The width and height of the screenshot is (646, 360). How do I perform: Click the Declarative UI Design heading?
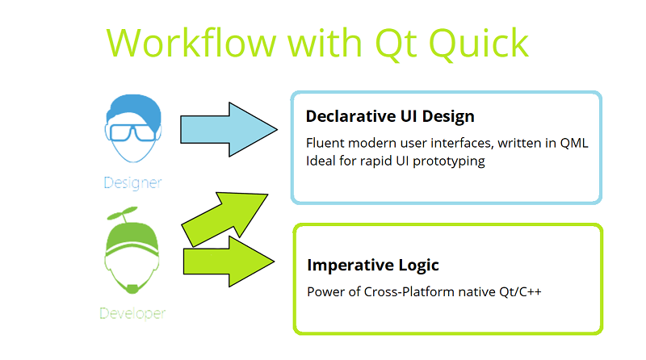(x=390, y=116)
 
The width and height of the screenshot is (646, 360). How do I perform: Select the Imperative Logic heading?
(x=373, y=265)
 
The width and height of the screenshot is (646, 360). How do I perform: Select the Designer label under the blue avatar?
(x=132, y=182)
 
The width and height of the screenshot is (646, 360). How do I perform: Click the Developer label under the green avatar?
(x=132, y=312)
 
